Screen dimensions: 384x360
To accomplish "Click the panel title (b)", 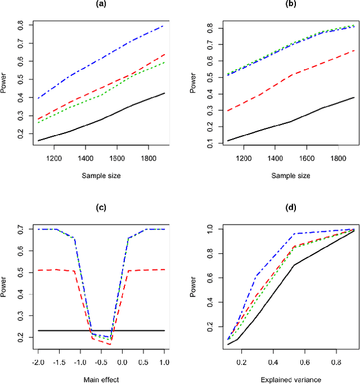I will pos(275,5).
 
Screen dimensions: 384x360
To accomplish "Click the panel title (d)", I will pos(275,208).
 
